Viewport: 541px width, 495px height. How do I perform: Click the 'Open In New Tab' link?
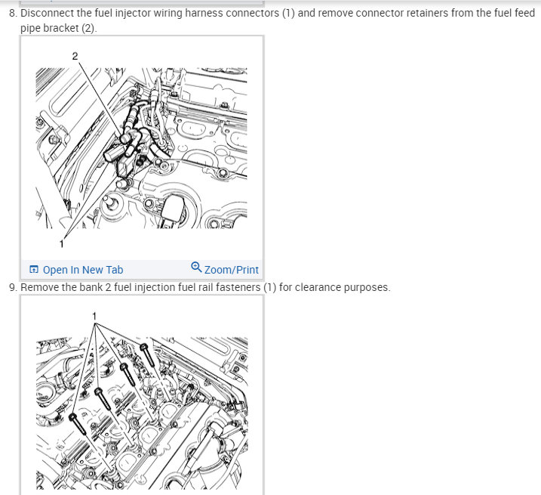83,270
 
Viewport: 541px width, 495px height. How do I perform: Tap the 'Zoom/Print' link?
231,270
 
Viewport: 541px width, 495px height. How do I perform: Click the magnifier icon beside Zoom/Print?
196,267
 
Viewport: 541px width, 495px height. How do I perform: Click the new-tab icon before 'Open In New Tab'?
34,269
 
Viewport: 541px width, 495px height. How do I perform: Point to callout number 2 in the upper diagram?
75,56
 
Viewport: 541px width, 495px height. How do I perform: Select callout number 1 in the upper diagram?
61,244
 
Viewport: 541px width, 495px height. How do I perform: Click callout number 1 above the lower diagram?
94,317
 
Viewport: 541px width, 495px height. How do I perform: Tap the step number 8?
13,13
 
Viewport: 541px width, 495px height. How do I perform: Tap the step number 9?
13,287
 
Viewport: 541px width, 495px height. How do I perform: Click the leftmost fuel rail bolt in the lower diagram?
78,423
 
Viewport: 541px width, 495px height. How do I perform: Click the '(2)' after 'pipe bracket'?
88,28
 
